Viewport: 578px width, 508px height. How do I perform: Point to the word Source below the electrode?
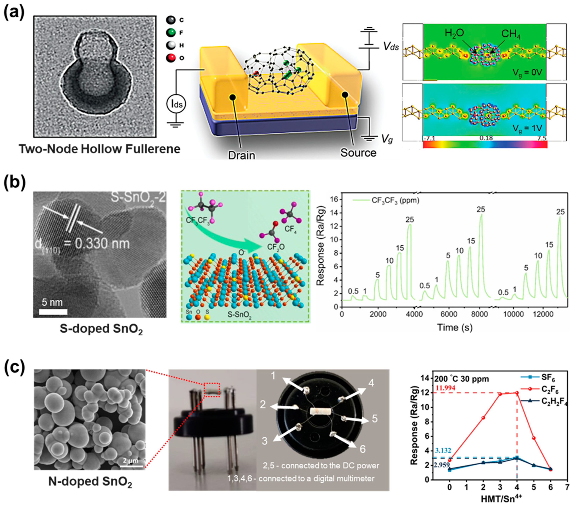coord(358,153)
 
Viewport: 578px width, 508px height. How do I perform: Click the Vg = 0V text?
coord(527,73)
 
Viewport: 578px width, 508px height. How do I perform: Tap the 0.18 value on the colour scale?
coord(486,138)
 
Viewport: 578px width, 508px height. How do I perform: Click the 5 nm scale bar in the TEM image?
coord(53,312)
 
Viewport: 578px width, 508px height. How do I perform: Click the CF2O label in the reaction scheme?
coord(276,247)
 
